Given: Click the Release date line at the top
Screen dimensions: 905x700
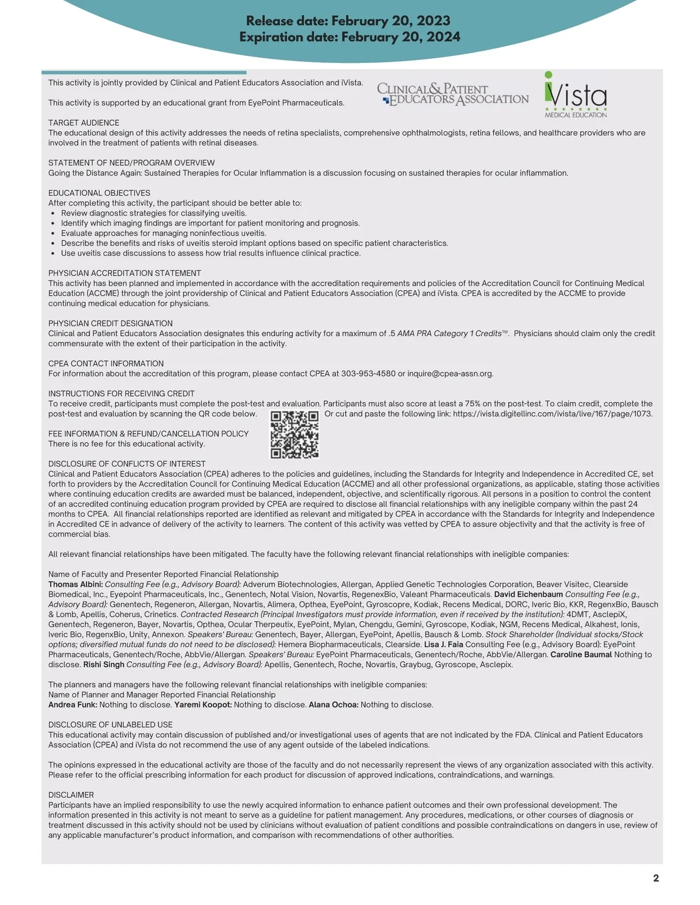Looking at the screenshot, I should (x=348, y=21).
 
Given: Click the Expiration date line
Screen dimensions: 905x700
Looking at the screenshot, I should (x=349, y=37).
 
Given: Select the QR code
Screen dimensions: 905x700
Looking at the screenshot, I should (x=295, y=434).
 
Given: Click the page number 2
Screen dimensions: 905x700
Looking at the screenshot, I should (x=656, y=878).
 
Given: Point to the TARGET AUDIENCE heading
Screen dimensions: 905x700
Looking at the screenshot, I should (x=83, y=123).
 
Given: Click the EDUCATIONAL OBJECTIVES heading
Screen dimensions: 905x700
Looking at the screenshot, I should (x=99, y=193).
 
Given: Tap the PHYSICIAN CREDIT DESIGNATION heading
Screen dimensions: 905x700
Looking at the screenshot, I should (x=110, y=323).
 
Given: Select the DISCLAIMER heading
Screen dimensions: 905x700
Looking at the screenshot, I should (x=71, y=795).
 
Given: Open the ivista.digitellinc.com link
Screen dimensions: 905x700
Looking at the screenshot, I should (x=552, y=414).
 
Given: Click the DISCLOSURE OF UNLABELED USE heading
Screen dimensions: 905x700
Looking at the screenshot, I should (x=110, y=725).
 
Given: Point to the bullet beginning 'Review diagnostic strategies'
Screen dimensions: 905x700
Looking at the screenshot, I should (x=153, y=213).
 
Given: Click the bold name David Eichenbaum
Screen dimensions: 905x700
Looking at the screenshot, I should (x=528, y=594).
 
